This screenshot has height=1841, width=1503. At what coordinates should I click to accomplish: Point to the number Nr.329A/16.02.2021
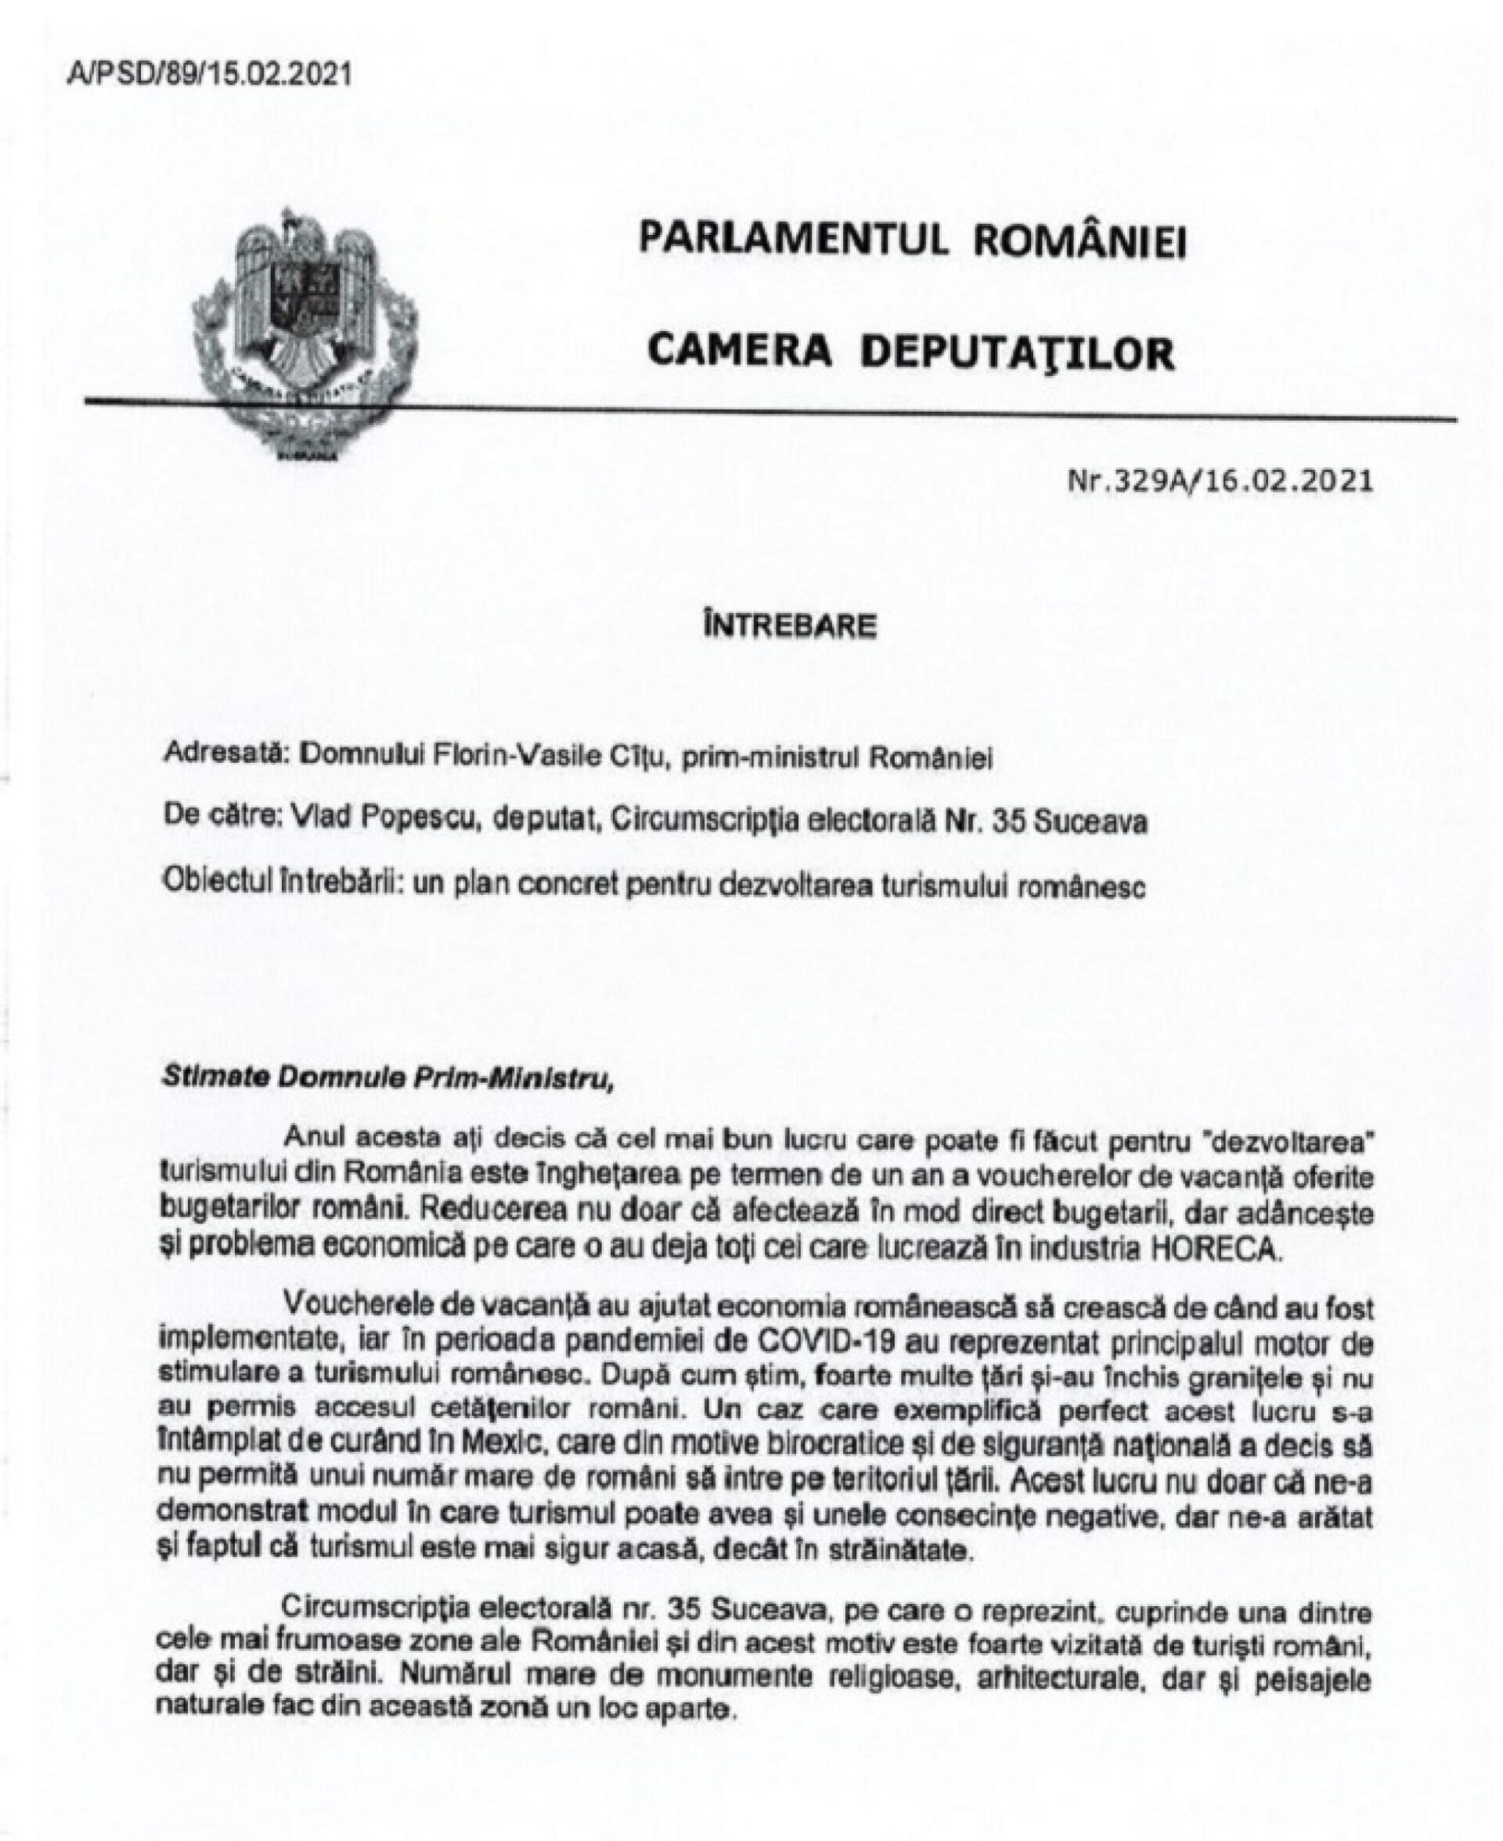tap(1220, 480)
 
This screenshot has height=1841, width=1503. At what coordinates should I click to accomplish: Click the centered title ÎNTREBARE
tap(789, 625)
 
